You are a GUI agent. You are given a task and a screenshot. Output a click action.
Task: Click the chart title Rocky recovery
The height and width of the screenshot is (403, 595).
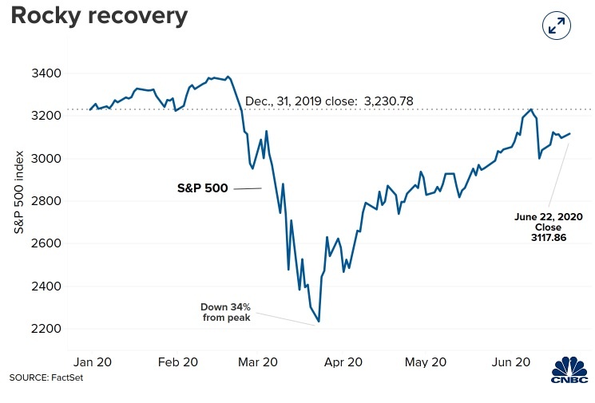click(x=99, y=15)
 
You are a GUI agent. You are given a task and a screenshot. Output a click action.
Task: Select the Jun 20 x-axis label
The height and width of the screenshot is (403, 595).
click(x=510, y=362)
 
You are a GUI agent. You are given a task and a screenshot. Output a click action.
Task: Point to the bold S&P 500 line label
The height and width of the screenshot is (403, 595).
click(x=202, y=189)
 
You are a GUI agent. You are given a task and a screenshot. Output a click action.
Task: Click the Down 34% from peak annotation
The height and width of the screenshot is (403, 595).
click(x=225, y=312)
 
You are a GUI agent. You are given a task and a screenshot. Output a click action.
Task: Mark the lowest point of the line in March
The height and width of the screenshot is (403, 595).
click(x=319, y=322)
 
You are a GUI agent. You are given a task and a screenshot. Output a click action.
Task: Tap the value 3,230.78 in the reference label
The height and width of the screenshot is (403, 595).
click(x=390, y=102)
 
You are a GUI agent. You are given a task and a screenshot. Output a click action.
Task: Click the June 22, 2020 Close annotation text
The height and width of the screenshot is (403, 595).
click(x=548, y=221)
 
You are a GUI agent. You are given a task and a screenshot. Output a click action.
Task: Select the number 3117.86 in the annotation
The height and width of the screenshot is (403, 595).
click(x=548, y=238)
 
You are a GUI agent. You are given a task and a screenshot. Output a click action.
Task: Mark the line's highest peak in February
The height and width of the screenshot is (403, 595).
click(x=228, y=77)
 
